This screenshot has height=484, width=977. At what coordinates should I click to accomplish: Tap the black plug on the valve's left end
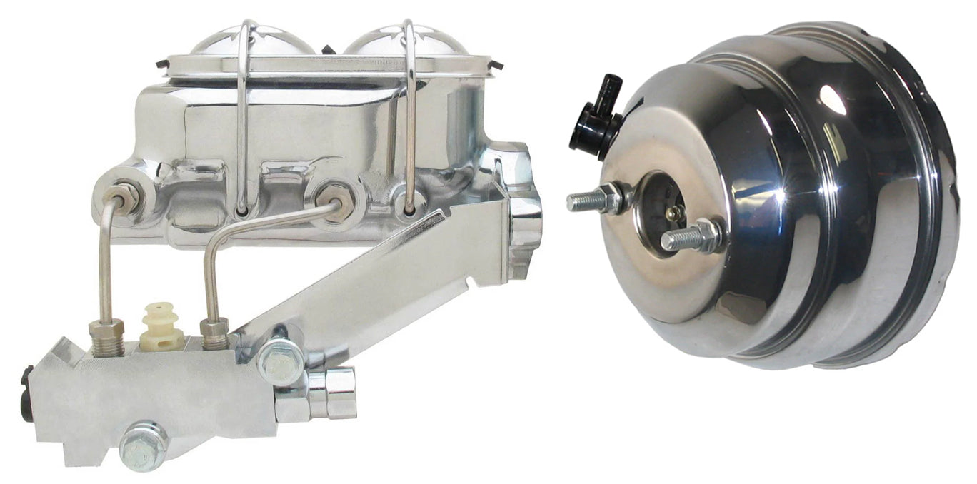coord(27,393)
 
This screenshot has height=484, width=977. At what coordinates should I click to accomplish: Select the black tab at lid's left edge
coord(161,64)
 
